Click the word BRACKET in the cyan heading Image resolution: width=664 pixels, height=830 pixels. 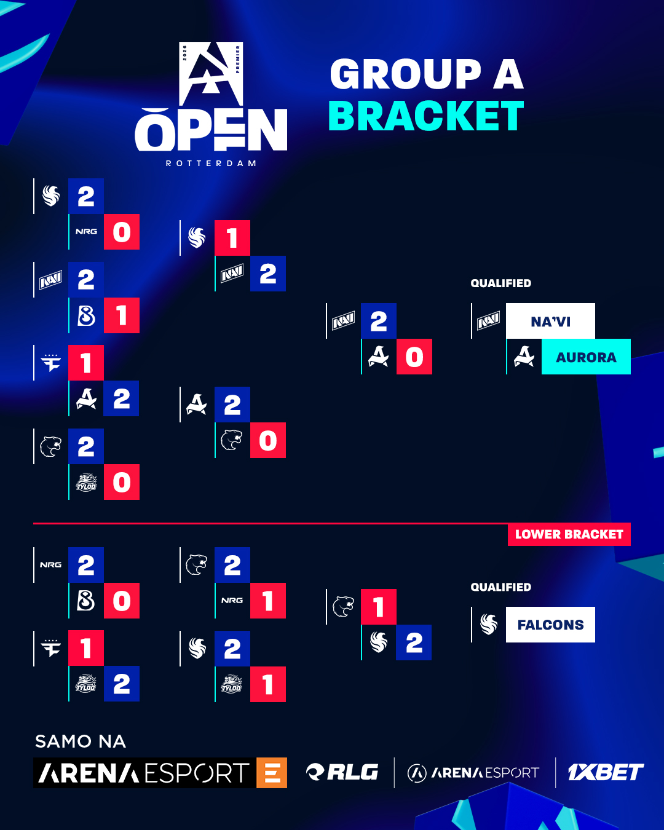point(425,116)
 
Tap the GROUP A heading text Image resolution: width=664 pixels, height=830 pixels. point(426,74)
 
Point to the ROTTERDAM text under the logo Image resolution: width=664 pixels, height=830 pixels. point(211,164)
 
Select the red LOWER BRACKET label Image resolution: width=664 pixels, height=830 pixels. point(569,534)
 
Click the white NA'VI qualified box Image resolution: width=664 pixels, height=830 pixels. point(550,321)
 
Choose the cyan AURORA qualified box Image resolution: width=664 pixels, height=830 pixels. point(586,357)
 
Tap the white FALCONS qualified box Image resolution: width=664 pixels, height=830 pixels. point(550,625)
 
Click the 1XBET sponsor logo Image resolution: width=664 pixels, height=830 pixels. point(605,772)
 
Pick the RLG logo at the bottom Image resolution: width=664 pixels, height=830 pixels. point(342,772)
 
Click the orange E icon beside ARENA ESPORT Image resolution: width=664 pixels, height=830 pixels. point(272,773)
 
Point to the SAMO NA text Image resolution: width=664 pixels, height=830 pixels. point(81,741)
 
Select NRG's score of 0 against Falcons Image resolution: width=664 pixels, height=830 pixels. point(122,232)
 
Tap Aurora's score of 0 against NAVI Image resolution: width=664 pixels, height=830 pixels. point(414,357)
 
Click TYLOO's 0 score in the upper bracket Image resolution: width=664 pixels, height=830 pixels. point(122,482)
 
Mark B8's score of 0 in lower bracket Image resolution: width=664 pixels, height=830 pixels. point(122,601)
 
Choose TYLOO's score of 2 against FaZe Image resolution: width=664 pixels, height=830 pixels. point(122,684)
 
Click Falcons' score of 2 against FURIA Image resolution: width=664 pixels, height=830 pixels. point(414,642)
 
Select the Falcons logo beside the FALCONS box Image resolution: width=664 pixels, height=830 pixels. point(489,625)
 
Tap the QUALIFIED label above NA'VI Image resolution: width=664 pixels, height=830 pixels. point(500,283)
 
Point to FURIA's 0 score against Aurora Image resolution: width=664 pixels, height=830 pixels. point(268,440)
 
